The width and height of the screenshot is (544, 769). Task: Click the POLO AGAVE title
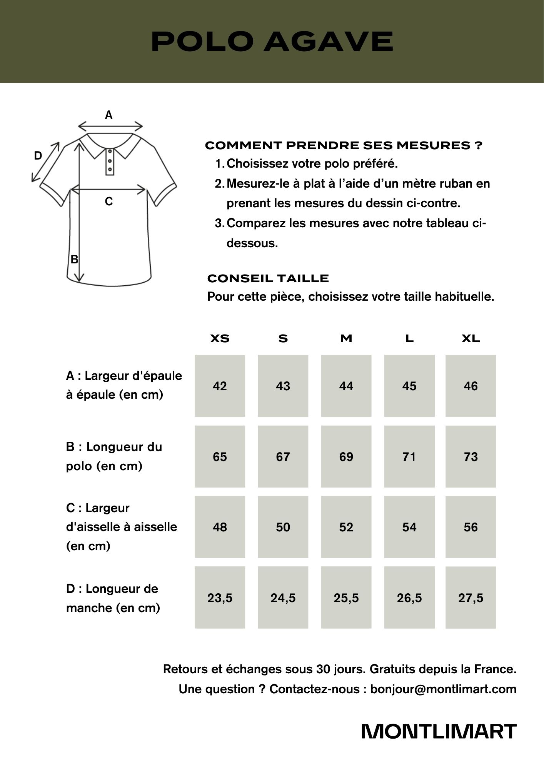point(272,41)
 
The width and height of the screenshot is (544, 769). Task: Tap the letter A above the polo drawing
point(109,115)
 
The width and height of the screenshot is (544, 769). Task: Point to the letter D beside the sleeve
point(38,156)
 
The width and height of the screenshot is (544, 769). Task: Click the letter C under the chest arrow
point(109,201)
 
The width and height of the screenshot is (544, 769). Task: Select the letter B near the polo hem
point(74,260)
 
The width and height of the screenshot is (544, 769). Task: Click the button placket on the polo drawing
point(110,162)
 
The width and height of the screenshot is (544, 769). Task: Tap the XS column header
point(220,339)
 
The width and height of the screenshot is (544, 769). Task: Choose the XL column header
point(471,339)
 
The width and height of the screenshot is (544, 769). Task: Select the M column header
point(346,339)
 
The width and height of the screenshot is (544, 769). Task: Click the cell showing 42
point(220,386)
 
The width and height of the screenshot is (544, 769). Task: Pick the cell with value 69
point(346,457)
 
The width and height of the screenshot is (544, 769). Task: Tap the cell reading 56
point(471,527)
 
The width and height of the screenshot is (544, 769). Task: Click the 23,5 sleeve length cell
point(220,598)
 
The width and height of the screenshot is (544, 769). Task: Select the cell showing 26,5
point(409,598)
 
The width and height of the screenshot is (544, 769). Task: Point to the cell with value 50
point(283,527)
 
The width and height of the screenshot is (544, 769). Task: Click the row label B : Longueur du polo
point(114,456)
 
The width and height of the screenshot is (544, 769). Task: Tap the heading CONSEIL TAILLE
point(268,278)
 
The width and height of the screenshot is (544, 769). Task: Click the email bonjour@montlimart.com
point(443,689)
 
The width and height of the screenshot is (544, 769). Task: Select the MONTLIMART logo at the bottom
point(439,732)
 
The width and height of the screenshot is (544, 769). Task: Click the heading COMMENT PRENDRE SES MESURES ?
point(344,145)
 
